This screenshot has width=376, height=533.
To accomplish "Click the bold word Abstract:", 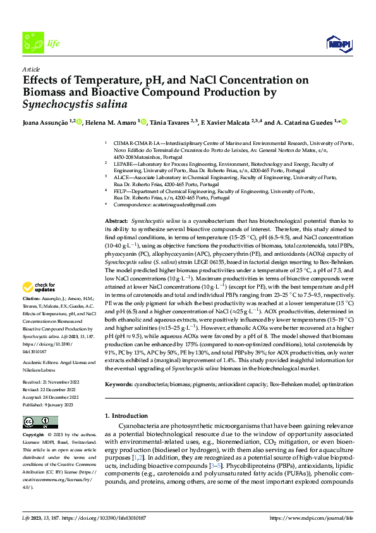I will coord(118,216).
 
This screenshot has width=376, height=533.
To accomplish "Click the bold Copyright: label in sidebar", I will coord(35,436).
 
